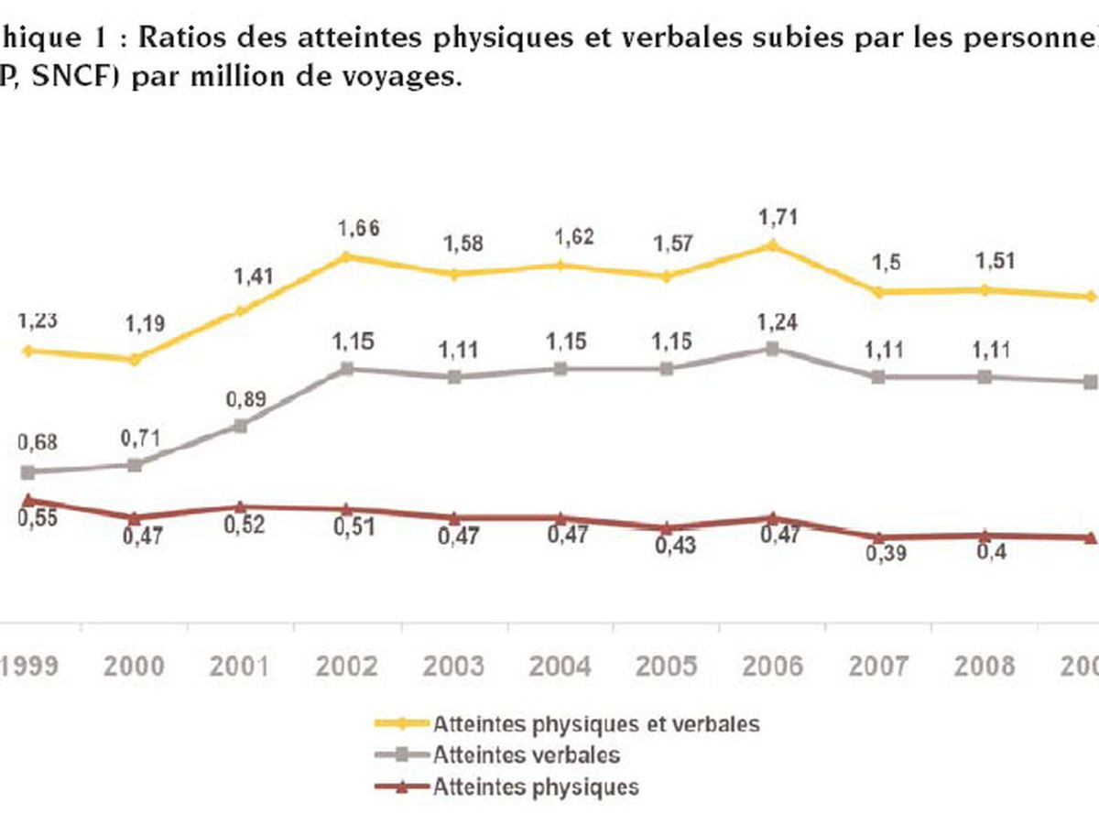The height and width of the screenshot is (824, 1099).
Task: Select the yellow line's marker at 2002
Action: point(346,256)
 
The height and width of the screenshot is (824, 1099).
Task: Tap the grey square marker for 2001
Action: point(241,426)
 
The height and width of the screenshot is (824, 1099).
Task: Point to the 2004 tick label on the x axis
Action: point(561,666)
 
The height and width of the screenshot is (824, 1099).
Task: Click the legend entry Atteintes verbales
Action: point(527,755)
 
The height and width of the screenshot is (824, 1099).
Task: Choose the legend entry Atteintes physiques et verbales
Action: point(596,723)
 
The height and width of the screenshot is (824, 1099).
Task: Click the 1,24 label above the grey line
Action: point(773,321)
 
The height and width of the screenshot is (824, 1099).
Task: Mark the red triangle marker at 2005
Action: point(667,528)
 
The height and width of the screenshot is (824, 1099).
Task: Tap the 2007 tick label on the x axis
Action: point(879,666)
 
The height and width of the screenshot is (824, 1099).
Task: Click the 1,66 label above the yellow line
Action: point(347,229)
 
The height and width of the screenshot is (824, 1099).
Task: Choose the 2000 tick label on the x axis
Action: point(136,666)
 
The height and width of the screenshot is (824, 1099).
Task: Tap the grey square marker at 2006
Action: point(773,349)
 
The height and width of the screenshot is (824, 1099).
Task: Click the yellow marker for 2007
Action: point(879,292)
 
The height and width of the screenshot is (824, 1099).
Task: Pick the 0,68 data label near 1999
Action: point(37,443)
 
